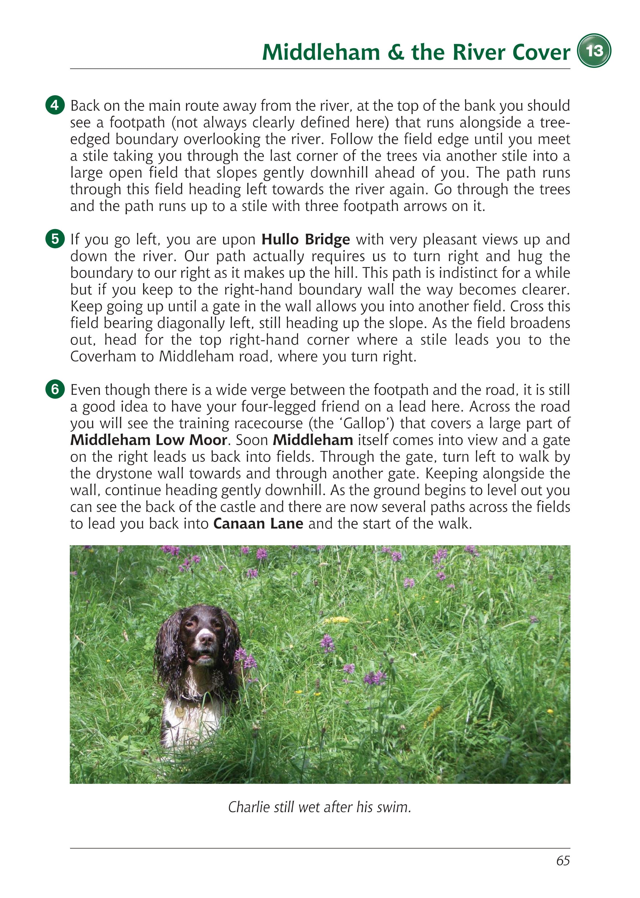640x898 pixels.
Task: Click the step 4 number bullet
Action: point(55,106)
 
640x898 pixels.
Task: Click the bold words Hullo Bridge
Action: point(306,239)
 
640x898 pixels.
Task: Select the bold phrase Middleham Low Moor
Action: point(148,440)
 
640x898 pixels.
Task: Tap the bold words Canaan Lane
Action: point(258,524)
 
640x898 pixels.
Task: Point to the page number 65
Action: point(563,872)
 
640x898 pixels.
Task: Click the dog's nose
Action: point(206,638)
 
